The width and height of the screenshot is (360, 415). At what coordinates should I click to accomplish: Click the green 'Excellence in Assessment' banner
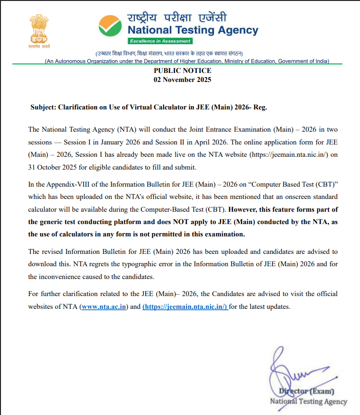click(160, 41)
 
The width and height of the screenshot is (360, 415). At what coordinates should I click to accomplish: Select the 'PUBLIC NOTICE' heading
click(183, 71)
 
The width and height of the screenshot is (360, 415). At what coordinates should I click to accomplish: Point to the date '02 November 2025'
click(183, 80)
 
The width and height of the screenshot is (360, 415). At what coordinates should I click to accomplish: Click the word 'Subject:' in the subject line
click(43, 107)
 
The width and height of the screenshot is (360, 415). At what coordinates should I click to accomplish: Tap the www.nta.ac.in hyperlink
click(104, 307)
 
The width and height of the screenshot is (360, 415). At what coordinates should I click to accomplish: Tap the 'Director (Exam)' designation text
click(307, 392)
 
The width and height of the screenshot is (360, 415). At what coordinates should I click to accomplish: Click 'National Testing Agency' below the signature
click(308, 402)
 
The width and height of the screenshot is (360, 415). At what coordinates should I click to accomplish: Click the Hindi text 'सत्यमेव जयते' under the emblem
click(39, 46)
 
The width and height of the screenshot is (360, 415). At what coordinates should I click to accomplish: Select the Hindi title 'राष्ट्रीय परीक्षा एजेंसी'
click(177, 18)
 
